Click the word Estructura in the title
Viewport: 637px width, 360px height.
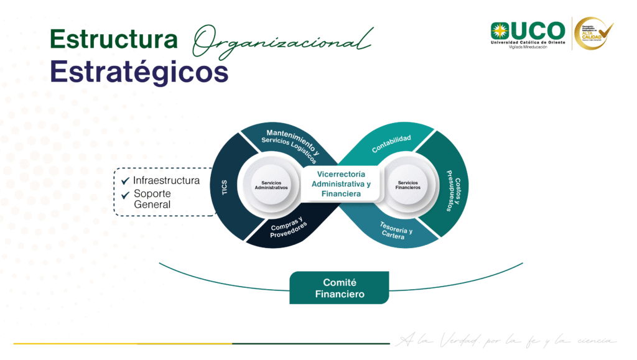point(113,39)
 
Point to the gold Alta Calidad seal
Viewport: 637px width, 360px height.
point(593,34)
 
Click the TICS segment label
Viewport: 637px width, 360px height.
point(225,187)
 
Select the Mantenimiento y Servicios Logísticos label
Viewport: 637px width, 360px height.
point(291,144)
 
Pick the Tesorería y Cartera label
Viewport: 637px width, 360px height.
point(396,231)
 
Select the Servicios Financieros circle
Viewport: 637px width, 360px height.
point(409,185)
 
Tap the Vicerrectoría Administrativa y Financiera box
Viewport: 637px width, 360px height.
point(341,184)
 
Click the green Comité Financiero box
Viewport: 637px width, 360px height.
point(339,288)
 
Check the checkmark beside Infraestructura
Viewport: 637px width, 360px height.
point(125,181)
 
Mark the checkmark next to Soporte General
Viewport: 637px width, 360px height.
point(125,194)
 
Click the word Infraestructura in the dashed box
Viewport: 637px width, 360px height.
point(167,180)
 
